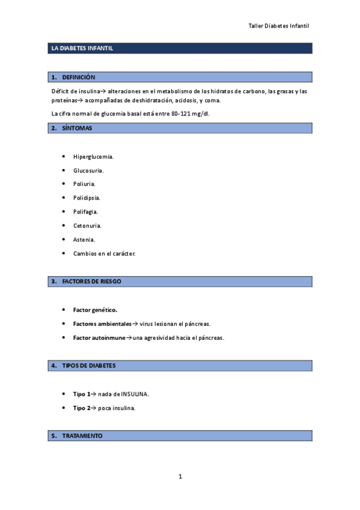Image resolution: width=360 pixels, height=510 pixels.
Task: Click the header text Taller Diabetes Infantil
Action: pos(278,26)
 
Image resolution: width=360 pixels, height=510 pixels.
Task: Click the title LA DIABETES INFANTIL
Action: pos(81,49)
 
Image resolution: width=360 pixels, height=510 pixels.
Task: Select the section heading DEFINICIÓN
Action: pos(79,77)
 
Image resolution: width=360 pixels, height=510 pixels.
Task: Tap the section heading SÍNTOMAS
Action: pos(77,128)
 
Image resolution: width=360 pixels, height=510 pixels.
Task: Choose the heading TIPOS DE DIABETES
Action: pos(89,365)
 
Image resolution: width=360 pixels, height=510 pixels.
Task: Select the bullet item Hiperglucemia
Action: pos(93,156)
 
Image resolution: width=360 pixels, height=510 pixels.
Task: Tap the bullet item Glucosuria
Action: pos(88,170)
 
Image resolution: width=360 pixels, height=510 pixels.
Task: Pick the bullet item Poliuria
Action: pos(84,184)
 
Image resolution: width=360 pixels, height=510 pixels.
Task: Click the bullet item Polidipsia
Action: pos(87,198)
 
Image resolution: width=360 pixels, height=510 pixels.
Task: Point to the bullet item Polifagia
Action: pos(85,212)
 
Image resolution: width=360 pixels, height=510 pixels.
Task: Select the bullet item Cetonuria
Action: pos(87,226)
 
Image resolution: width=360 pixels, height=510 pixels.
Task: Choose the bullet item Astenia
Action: pos(84,239)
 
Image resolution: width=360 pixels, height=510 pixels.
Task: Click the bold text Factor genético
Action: pos(95,310)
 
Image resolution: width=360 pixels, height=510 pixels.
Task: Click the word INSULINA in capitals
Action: pos(134,394)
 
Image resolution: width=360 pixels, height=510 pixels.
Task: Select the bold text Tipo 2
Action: pos(81,408)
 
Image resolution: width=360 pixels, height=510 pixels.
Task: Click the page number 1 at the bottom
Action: pos(180,477)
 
